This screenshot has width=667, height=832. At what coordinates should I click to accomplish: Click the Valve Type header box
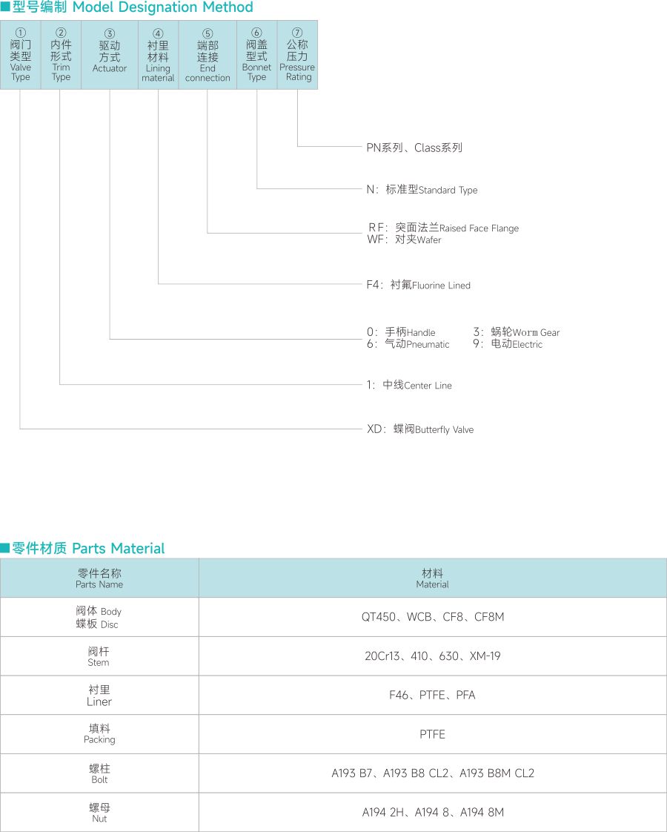21,56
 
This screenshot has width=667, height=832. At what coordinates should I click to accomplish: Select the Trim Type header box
61,56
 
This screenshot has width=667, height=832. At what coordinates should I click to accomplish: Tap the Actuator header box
110,56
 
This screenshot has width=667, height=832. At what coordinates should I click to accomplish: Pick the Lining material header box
158,56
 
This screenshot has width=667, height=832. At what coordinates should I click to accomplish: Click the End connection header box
208,56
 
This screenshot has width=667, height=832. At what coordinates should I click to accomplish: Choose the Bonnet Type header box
256,56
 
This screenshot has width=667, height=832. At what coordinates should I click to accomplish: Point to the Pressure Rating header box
297,56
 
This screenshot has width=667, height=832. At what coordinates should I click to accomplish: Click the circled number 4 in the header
158,33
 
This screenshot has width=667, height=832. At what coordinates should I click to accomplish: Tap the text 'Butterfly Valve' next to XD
444,430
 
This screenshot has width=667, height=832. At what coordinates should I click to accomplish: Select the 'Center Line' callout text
428,386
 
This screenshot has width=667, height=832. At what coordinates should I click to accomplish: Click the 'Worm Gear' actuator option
536,333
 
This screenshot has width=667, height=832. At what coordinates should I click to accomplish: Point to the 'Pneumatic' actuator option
428,345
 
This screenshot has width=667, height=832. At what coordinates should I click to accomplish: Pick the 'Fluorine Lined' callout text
441,285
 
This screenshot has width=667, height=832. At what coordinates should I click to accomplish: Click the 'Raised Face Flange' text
479,228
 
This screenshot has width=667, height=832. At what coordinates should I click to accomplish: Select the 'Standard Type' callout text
448,191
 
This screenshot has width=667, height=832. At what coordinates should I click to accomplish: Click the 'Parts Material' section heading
118,549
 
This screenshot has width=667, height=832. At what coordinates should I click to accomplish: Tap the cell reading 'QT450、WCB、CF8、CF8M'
433,617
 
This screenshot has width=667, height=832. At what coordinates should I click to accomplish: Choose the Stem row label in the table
99,656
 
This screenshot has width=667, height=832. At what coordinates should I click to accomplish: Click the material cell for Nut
433,813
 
